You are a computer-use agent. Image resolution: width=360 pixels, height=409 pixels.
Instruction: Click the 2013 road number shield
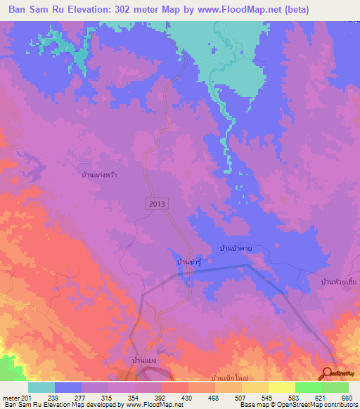[x=157, y=203]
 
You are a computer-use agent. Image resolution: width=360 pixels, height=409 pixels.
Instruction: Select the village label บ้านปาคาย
[x=236, y=248]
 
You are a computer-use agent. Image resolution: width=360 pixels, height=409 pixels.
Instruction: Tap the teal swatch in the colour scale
[x=41, y=387]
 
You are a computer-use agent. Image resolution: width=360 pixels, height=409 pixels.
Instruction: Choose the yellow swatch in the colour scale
[x=281, y=387]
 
